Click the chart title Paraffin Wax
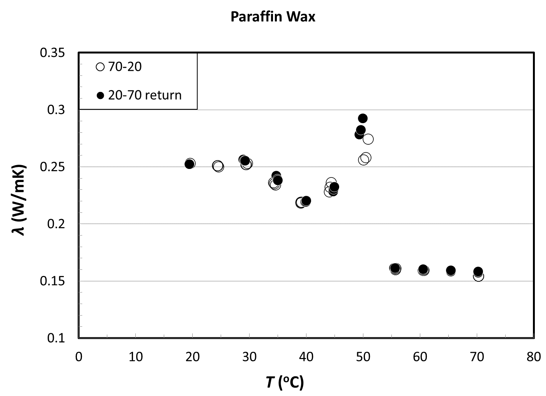(273, 17)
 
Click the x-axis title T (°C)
(285, 382)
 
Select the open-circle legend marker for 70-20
(100, 67)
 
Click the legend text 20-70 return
(145, 95)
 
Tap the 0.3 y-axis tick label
(56, 110)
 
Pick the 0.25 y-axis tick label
(53, 167)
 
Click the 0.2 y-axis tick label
(56, 224)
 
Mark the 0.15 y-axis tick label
(53, 281)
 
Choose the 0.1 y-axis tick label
(56, 338)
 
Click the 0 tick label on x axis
(79, 357)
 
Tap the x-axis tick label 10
(135, 357)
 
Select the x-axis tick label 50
(363, 357)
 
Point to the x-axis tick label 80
(534, 357)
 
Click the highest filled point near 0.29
(363, 118)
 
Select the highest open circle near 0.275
(368, 139)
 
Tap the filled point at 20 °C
(189, 164)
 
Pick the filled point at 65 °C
(451, 270)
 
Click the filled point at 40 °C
(306, 201)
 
